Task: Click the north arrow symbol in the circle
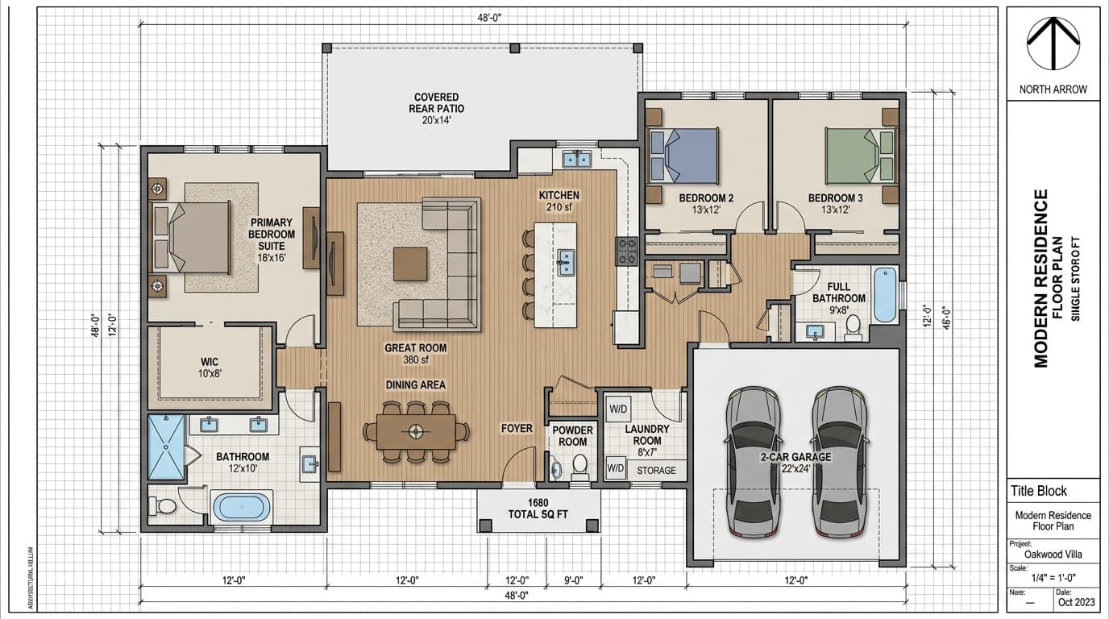pos(1052,44)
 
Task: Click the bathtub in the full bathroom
pos(884,295)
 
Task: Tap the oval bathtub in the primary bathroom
pos(242,507)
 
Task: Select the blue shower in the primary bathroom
pos(167,449)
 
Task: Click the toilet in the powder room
pos(579,467)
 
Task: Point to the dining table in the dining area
pos(416,431)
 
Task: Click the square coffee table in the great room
pos(410,263)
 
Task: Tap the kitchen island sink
pos(567,260)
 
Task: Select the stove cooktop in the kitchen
pos(626,251)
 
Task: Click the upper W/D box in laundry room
pos(618,408)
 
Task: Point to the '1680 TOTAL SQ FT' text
pos(538,509)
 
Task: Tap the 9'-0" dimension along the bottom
pos(573,580)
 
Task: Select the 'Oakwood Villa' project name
pos(1052,554)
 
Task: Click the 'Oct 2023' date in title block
pos(1076,600)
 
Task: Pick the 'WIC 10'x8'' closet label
pos(210,368)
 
